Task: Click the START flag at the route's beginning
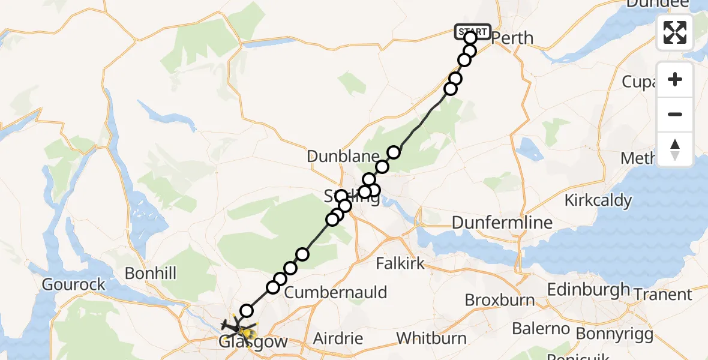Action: pyautogui.click(x=473, y=31)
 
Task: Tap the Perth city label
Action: pyautogui.click(x=512, y=38)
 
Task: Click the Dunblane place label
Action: pyautogui.click(x=335, y=157)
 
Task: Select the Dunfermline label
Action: pyautogui.click(x=502, y=223)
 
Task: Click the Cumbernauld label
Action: pyautogui.click(x=335, y=293)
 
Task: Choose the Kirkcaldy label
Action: pyautogui.click(x=598, y=200)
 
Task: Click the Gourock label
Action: pyautogui.click(x=74, y=284)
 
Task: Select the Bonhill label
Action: pyautogui.click(x=150, y=274)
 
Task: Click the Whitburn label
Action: pyautogui.click(x=431, y=338)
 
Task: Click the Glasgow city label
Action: pyautogui.click(x=253, y=343)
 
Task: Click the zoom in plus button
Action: pyautogui.click(x=675, y=79)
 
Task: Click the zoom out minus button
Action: pyautogui.click(x=675, y=114)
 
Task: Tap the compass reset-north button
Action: pyautogui.click(x=675, y=149)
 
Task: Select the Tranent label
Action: pyautogui.click(x=665, y=295)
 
